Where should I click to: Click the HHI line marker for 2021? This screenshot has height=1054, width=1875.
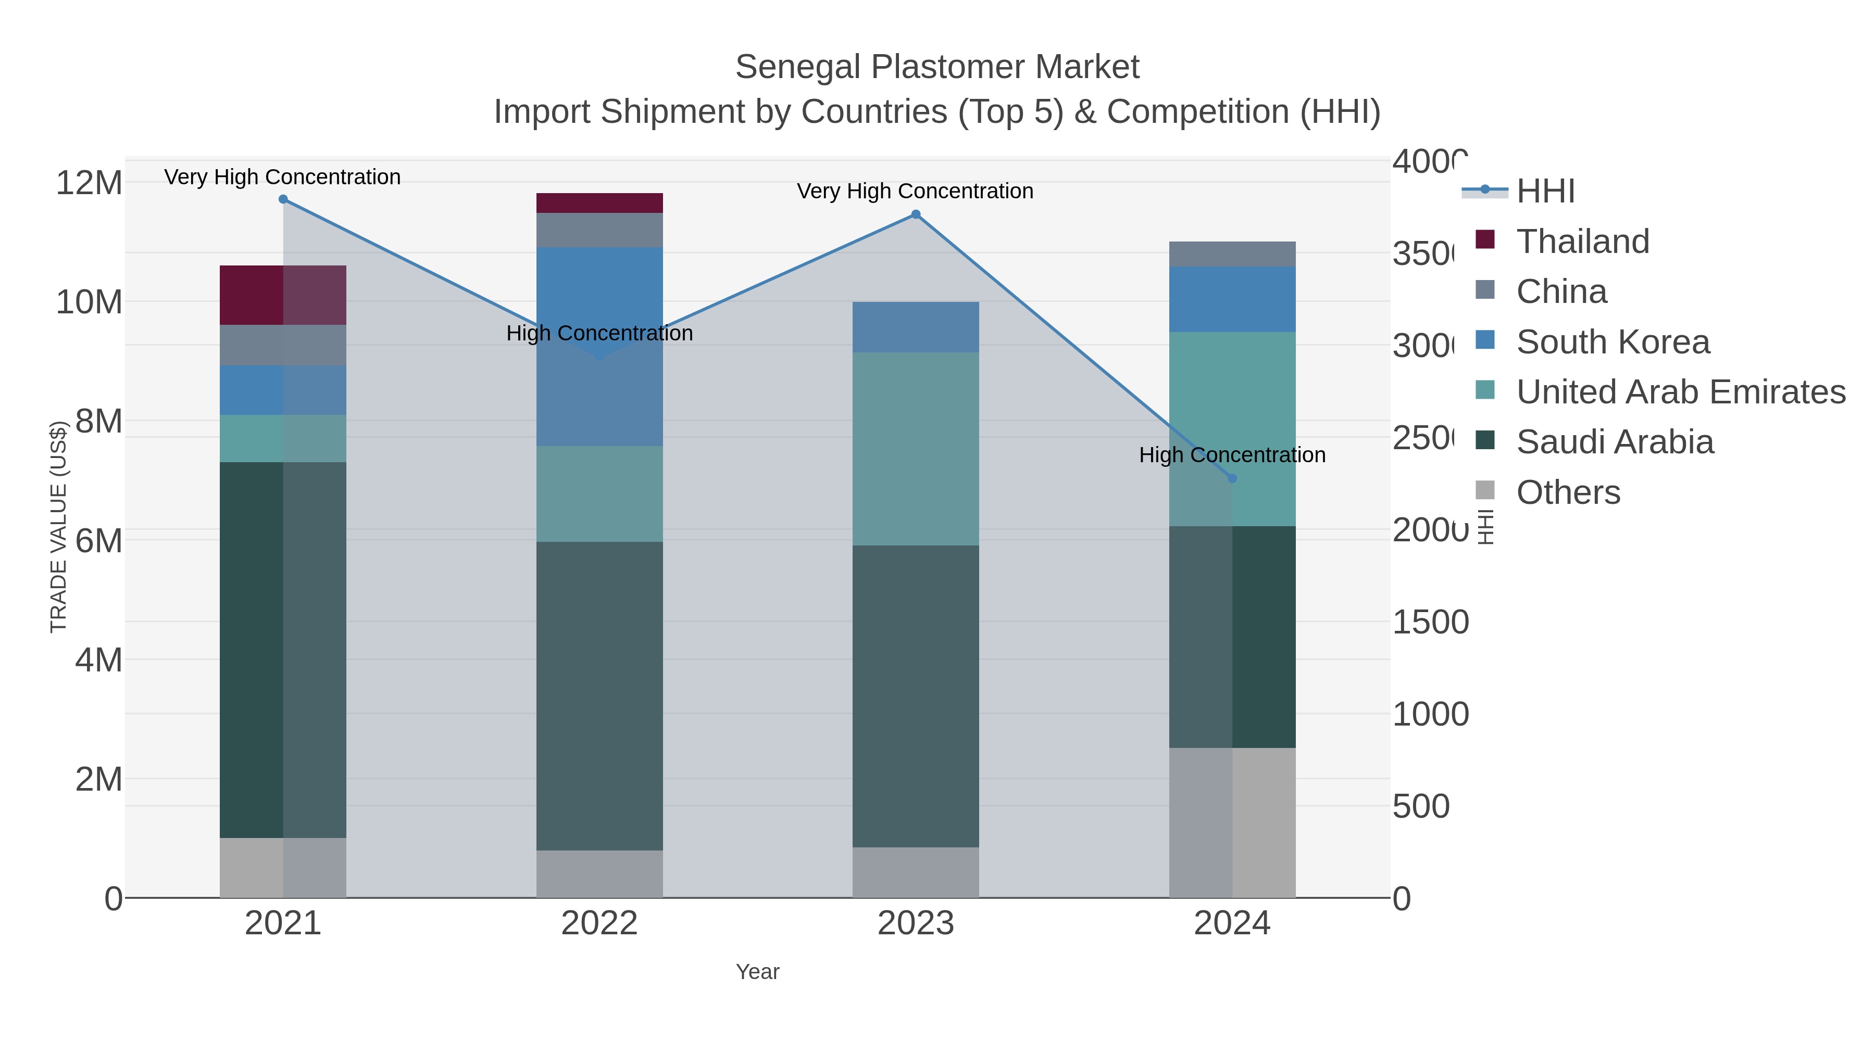tap(283, 199)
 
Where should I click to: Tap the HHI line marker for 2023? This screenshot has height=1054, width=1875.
tap(916, 214)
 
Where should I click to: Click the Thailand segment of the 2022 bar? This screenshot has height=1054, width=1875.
tap(599, 203)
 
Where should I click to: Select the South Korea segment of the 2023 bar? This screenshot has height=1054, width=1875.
tap(916, 327)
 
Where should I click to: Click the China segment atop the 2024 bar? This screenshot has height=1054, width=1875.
tap(1232, 254)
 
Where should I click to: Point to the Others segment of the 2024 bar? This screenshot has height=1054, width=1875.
tap(1232, 822)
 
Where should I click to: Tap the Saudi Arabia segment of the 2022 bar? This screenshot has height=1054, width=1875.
tap(599, 695)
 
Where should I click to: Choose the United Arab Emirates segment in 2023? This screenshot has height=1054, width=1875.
tap(916, 449)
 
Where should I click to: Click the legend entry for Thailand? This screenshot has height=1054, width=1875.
tap(1582, 241)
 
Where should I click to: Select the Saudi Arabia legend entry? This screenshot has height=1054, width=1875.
tap(1615, 441)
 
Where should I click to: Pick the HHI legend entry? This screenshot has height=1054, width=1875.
tap(1545, 191)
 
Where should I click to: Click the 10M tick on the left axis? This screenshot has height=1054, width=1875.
tap(89, 302)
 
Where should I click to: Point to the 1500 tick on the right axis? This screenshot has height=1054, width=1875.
tap(1430, 622)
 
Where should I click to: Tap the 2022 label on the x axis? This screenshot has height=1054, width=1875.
tap(599, 923)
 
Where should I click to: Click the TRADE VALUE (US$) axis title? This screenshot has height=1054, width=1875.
tap(58, 527)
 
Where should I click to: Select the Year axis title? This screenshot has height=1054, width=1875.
tap(757, 972)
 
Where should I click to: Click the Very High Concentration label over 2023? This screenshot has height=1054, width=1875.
tap(915, 192)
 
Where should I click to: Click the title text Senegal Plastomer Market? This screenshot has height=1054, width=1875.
tap(937, 67)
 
